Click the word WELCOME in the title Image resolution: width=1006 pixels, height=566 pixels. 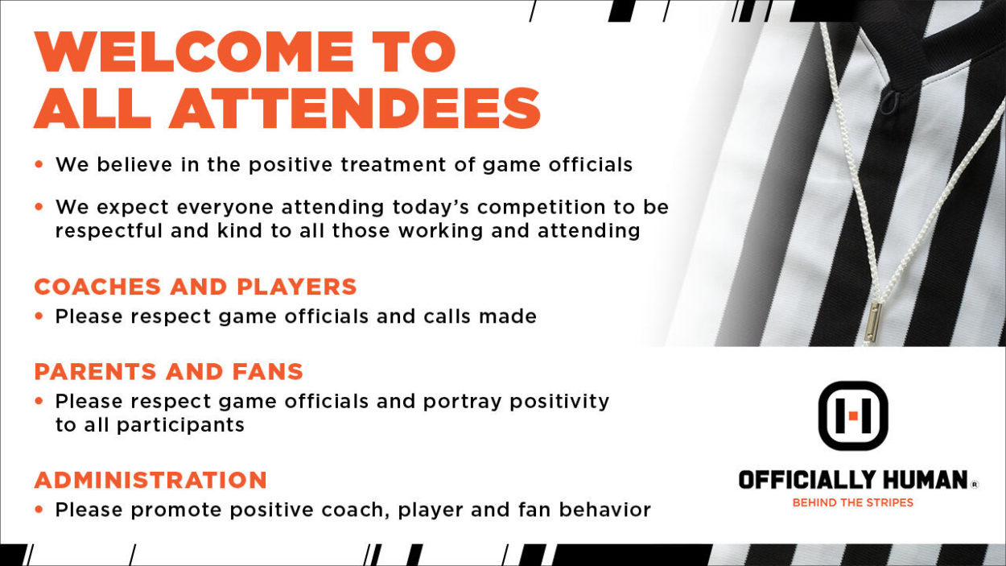(x=194, y=52)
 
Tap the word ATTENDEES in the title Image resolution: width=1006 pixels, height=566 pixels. (x=354, y=108)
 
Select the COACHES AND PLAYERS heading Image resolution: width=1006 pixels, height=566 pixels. (x=196, y=287)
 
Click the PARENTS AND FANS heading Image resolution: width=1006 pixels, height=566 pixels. (x=169, y=371)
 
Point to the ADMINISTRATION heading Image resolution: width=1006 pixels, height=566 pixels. (x=150, y=480)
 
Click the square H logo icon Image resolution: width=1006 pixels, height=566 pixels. (x=853, y=415)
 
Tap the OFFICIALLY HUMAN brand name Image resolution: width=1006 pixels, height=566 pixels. (x=853, y=480)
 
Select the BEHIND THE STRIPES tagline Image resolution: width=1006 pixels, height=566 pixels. (x=853, y=502)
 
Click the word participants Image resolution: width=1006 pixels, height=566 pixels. (x=180, y=425)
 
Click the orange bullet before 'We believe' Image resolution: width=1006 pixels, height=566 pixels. (x=39, y=164)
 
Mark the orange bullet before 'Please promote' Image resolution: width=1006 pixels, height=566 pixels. (x=39, y=510)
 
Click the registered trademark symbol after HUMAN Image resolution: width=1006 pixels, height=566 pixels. (x=974, y=484)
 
